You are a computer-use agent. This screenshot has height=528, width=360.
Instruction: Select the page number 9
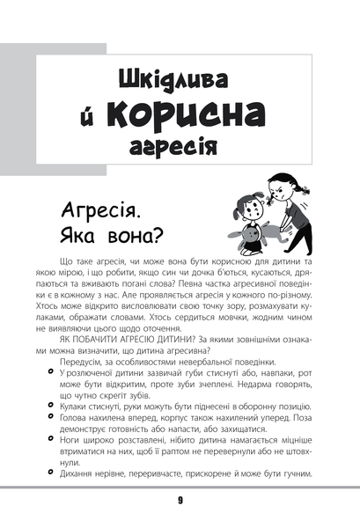(x=180, y=500)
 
